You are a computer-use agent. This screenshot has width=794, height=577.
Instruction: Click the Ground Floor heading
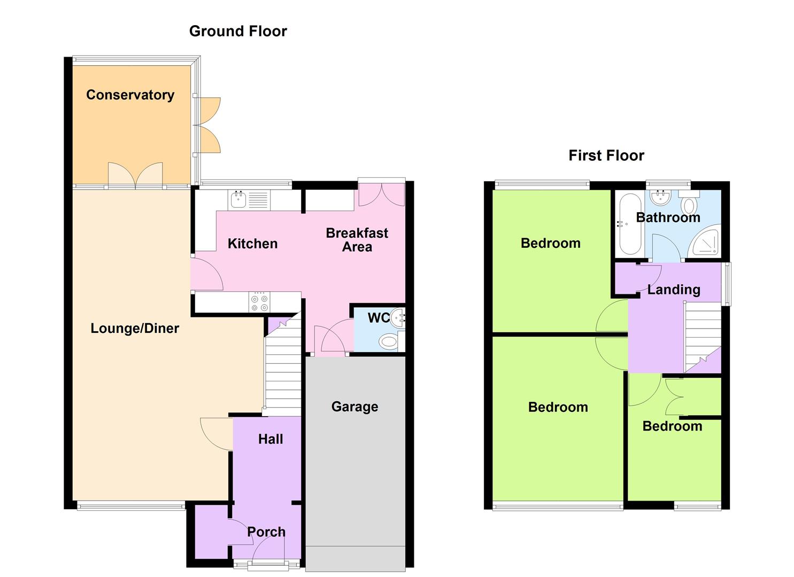coord(238,31)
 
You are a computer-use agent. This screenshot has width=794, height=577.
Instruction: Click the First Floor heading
coord(606,155)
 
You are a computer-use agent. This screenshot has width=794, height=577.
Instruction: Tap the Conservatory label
coord(130,95)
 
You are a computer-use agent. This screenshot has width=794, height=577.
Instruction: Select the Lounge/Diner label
coord(135,329)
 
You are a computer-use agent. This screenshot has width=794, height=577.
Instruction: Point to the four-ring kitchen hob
coord(259,302)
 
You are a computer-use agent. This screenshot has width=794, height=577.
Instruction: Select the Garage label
coord(354,407)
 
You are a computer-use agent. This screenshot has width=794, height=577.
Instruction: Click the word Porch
coord(266,532)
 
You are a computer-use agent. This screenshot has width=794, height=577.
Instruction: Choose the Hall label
coord(271,439)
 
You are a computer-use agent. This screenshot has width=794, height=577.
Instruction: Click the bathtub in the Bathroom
coord(630,224)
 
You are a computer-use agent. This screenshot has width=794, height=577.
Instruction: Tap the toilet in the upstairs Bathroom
coord(689,202)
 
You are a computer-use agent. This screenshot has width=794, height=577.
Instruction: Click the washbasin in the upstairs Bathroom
coord(660,197)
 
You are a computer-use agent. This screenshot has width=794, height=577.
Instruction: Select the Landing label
coord(674,290)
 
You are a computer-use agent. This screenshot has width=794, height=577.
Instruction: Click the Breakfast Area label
coord(357,240)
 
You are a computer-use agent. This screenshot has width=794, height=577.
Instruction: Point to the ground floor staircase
coord(283,364)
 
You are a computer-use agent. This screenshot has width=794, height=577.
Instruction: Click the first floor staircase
coord(703,337)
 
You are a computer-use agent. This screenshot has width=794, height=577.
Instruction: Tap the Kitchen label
coord(252,244)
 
